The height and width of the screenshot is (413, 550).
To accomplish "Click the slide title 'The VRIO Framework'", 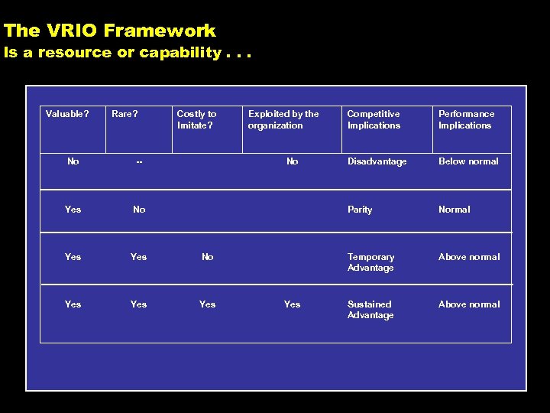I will pyautogui.click(x=109, y=31).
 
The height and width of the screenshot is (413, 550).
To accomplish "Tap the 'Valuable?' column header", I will pyautogui.click(x=67, y=114).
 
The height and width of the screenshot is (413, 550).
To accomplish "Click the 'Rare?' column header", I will pyautogui.click(x=125, y=114).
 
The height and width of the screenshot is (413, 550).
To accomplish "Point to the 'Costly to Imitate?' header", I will pyautogui.click(x=196, y=119).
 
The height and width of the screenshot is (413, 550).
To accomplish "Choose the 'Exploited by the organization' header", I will pyautogui.click(x=283, y=119).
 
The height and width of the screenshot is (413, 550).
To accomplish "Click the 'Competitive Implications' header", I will pyautogui.click(x=374, y=119).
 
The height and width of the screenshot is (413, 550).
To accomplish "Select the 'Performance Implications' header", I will pyautogui.click(x=466, y=119).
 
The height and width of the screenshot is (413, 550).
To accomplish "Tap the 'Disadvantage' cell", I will pyautogui.click(x=377, y=161).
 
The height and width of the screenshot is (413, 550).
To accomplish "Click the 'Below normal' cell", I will pyautogui.click(x=468, y=161).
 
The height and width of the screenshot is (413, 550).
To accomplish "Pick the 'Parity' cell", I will pyautogui.click(x=360, y=210).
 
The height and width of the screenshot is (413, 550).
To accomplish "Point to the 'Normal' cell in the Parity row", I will pyautogui.click(x=455, y=210).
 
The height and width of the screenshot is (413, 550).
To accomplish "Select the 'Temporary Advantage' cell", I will pyautogui.click(x=370, y=262).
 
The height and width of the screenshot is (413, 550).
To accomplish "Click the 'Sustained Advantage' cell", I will pyautogui.click(x=370, y=310).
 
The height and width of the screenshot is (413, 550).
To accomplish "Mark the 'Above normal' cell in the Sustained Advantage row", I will pyautogui.click(x=469, y=304).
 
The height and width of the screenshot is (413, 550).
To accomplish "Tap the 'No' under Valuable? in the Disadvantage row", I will pyautogui.click(x=73, y=161).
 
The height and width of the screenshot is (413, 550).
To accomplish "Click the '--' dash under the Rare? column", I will pyautogui.click(x=139, y=162).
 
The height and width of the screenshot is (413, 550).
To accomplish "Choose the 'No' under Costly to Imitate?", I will pyautogui.click(x=208, y=257).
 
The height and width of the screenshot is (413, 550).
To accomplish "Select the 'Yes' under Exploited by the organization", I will pyautogui.click(x=293, y=304).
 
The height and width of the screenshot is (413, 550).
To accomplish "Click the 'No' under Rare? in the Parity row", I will pyautogui.click(x=139, y=210).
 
